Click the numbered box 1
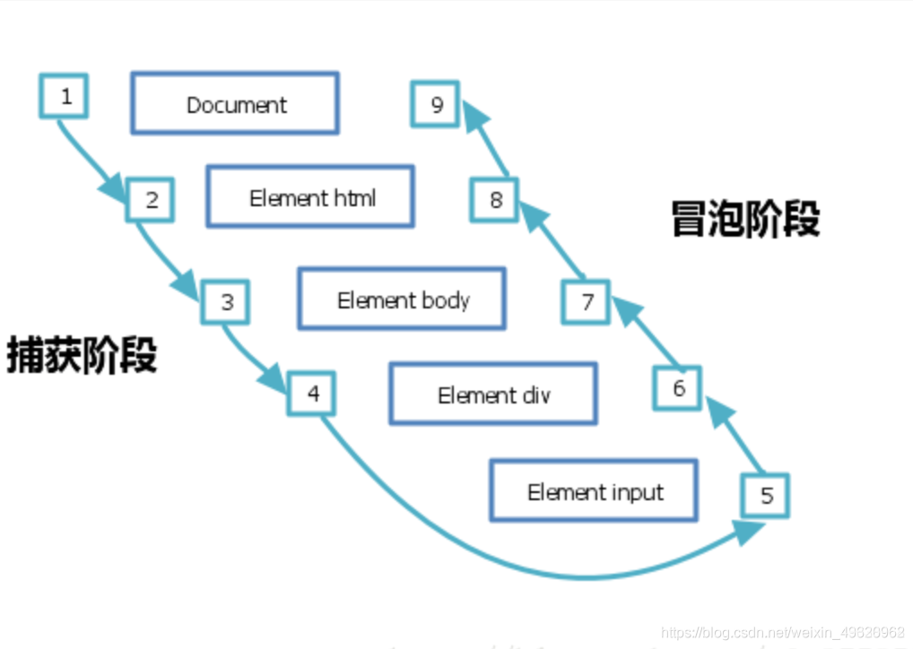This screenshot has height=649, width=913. coord(64,96)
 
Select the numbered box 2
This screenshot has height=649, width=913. coord(150,200)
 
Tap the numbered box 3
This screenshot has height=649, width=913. coord(225,302)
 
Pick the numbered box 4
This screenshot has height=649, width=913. coord(311,394)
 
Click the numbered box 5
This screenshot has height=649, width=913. coord(766,496)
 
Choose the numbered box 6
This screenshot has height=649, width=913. coord(678,387)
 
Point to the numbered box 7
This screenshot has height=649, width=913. coord(587,301)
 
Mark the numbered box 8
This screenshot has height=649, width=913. coord(495,199)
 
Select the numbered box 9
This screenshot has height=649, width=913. coord(436,104)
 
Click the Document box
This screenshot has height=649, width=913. coord(235,104)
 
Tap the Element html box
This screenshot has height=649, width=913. coord(310,197)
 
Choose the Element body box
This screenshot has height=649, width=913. coord(402,299)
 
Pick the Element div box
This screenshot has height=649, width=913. coord(493,394)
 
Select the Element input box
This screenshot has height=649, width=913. coord(594,491)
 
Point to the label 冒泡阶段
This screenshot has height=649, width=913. coord(745,219)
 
